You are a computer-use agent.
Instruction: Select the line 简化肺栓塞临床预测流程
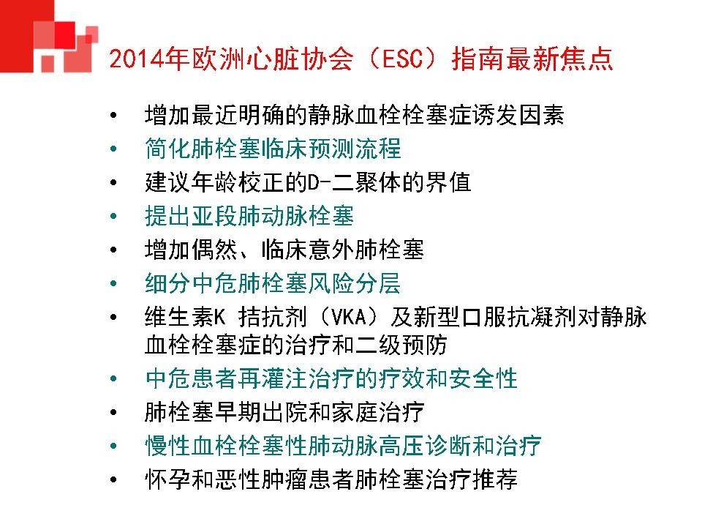tap(273, 149)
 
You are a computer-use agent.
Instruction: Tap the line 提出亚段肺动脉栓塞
tap(249, 216)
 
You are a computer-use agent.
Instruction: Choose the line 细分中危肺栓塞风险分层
tap(273, 283)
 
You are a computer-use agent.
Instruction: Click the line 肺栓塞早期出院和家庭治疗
tap(284, 412)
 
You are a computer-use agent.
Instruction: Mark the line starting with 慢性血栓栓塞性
tap(343, 446)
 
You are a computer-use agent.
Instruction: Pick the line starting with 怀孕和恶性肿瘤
tap(331, 479)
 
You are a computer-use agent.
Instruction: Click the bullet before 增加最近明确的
tap(111, 116)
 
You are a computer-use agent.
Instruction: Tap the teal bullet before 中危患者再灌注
tap(111, 379)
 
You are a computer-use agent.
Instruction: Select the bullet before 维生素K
tap(111, 318)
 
